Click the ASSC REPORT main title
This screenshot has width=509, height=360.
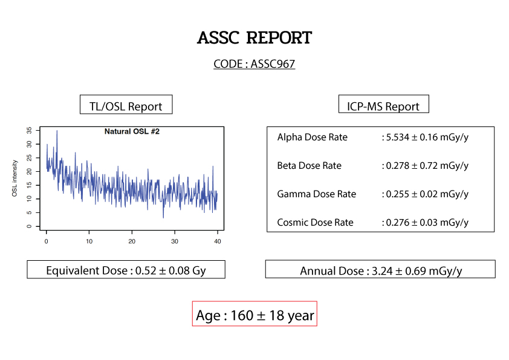tap(254, 38)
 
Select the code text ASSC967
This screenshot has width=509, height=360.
tap(273, 64)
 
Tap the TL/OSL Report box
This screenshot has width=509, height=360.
tap(126, 105)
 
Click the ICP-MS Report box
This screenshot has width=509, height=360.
tap(383, 104)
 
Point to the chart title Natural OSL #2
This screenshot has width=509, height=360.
tap(132, 131)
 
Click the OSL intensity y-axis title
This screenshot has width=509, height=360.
tap(15, 178)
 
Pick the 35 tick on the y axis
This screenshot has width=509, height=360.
tap(29, 131)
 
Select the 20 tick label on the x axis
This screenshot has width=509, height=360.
tap(132, 241)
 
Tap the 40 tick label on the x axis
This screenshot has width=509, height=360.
tap(218, 241)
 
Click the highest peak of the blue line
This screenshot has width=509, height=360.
tap(57, 131)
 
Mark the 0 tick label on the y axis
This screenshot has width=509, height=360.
tap(29, 226)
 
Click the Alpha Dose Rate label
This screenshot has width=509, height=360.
tap(313, 137)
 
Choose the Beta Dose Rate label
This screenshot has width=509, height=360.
tap(310, 166)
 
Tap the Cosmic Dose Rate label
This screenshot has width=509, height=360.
tap(315, 223)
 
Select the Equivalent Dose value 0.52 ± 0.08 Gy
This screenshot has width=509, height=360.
tap(170, 270)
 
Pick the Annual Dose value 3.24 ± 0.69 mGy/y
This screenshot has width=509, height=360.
tap(417, 271)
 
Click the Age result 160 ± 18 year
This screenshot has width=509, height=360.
tap(272, 315)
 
